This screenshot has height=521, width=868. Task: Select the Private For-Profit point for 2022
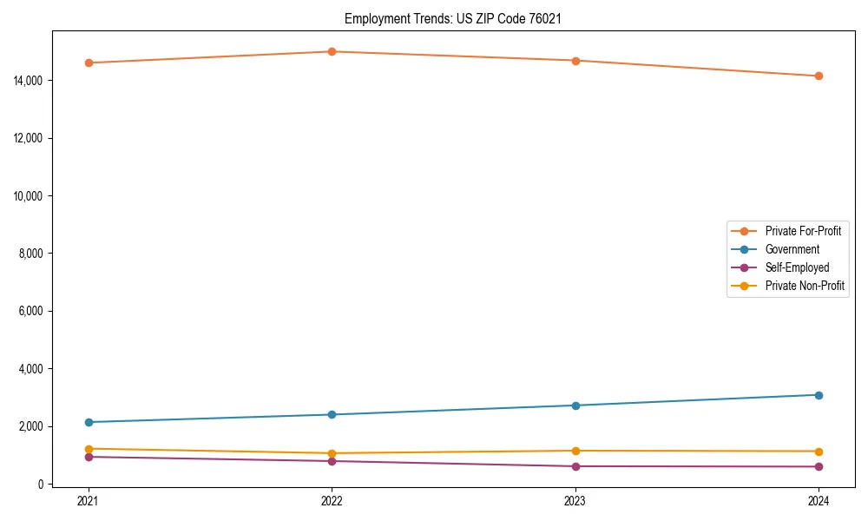[332, 51]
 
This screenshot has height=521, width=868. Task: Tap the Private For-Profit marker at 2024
[819, 76]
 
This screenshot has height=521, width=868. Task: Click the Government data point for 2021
[89, 422]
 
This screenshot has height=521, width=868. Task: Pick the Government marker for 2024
[819, 395]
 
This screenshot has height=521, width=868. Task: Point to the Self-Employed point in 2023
[575, 466]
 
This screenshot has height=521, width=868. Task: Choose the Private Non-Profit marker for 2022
[332, 453]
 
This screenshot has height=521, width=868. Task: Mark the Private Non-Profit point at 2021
[89, 449]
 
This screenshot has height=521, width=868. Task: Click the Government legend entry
[792, 249]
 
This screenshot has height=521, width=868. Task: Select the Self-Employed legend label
[797, 267]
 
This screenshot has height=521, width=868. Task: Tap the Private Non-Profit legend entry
[805, 286]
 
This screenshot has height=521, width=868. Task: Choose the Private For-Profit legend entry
[803, 231]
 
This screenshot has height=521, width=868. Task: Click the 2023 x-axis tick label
[575, 500]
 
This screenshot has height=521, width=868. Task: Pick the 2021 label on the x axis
[89, 500]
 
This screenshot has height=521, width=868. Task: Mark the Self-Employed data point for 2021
[89, 457]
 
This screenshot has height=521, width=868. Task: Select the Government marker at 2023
[575, 406]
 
